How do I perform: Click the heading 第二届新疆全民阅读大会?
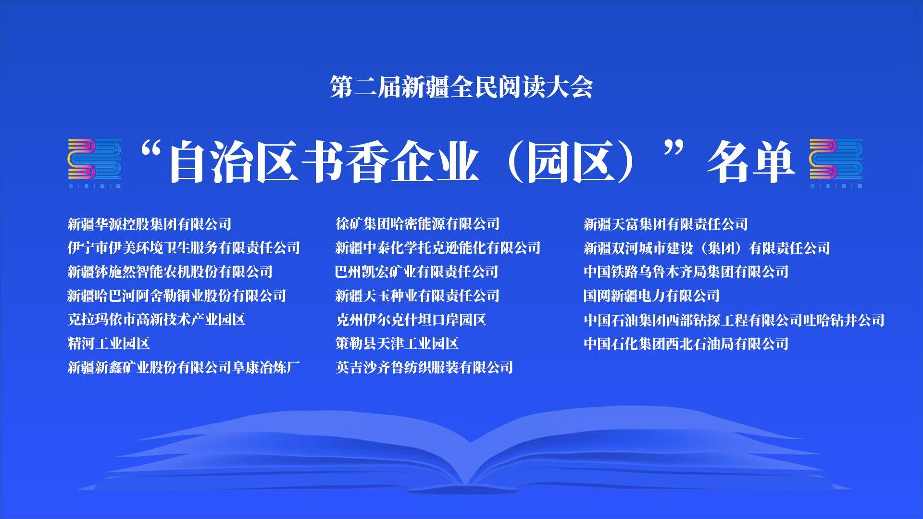(x=461, y=87)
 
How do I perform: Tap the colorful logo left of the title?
(x=94, y=163)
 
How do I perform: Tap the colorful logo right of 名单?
(x=836, y=163)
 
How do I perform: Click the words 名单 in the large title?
(x=750, y=162)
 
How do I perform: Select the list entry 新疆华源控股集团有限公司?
(x=150, y=224)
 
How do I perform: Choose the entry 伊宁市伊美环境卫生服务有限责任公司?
(x=184, y=248)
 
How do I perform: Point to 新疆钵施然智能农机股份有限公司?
(x=170, y=272)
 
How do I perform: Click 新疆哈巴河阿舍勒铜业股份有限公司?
(x=177, y=296)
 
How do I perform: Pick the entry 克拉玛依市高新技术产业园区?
(x=157, y=320)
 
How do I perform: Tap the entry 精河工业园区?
(x=109, y=344)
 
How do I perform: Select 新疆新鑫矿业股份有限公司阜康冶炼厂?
(x=184, y=368)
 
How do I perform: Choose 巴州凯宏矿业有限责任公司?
(x=417, y=272)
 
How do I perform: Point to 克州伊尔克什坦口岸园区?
(x=411, y=320)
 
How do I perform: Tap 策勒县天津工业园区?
(x=397, y=344)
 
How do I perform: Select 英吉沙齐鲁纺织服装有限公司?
(x=424, y=368)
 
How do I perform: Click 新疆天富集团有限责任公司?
(x=666, y=224)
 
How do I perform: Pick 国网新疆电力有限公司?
(x=652, y=296)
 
